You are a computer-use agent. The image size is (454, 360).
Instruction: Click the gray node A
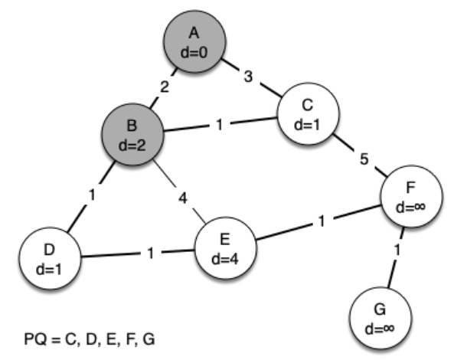tap(194, 41)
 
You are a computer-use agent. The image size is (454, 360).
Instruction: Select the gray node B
tap(132, 134)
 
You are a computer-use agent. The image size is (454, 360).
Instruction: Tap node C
tap(308, 113)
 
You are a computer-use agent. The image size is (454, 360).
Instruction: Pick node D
tap(50, 258)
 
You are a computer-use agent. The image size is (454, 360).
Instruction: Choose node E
tap(226, 248)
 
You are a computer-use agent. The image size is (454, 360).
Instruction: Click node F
tap(411, 196)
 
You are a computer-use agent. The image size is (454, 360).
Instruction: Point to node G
tap(381, 318)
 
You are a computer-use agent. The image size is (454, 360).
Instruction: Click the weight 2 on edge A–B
tap(165, 87)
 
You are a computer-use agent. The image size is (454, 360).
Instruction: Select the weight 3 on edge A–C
tap(248, 77)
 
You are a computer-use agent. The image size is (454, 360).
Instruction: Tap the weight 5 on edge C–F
tap(364, 159)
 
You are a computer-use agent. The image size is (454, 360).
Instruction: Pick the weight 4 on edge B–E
tap(183, 198)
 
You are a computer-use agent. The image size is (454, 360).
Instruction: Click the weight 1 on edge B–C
tap(220, 125)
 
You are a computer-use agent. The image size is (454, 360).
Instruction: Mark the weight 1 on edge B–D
tap(92, 195)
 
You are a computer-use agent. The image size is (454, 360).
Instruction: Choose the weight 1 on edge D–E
tap(151, 253)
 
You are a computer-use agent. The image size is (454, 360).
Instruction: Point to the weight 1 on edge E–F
tap(322, 221)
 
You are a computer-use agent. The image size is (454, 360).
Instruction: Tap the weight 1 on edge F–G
tap(397, 250)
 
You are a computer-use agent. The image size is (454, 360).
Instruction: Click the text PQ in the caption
tap(35, 339)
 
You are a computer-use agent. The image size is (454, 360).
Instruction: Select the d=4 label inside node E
tap(225, 259)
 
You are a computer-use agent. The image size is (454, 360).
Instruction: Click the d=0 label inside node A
tap(194, 53)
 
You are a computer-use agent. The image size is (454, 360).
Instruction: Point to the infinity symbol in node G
tap(386, 329)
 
